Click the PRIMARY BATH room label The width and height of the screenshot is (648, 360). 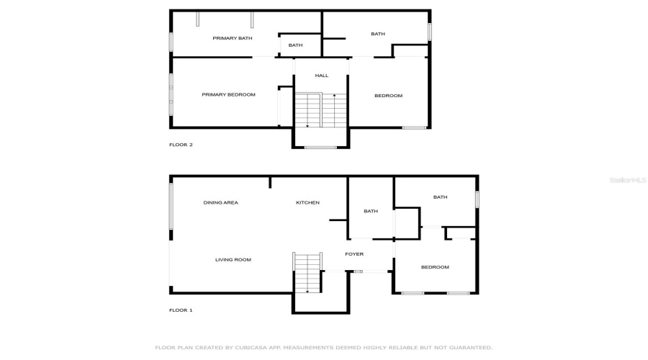(x=232, y=38)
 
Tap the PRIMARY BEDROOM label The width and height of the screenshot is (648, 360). (x=228, y=94)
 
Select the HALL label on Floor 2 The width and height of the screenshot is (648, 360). (x=321, y=76)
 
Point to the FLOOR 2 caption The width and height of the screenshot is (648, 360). (x=181, y=145)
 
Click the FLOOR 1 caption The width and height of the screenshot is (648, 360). (x=181, y=310)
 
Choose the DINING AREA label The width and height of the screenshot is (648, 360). (x=220, y=203)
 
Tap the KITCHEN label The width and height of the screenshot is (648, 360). (x=307, y=203)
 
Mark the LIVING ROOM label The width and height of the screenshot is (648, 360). (x=233, y=260)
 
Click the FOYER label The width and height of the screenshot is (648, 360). (x=354, y=254)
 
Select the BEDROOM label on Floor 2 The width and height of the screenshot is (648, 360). (x=388, y=96)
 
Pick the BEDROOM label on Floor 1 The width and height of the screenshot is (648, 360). (x=435, y=267)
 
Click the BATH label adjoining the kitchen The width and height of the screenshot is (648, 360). (x=371, y=212)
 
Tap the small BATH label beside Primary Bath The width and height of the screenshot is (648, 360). (x=295, y=45)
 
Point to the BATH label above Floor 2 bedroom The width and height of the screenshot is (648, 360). (x=378, y=34)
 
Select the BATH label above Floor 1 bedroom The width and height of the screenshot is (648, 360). (x=440, y=197)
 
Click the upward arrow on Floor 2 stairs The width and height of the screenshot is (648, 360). (x=334, y=96)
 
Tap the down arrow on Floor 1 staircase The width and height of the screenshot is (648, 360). (x=307, y=290)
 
